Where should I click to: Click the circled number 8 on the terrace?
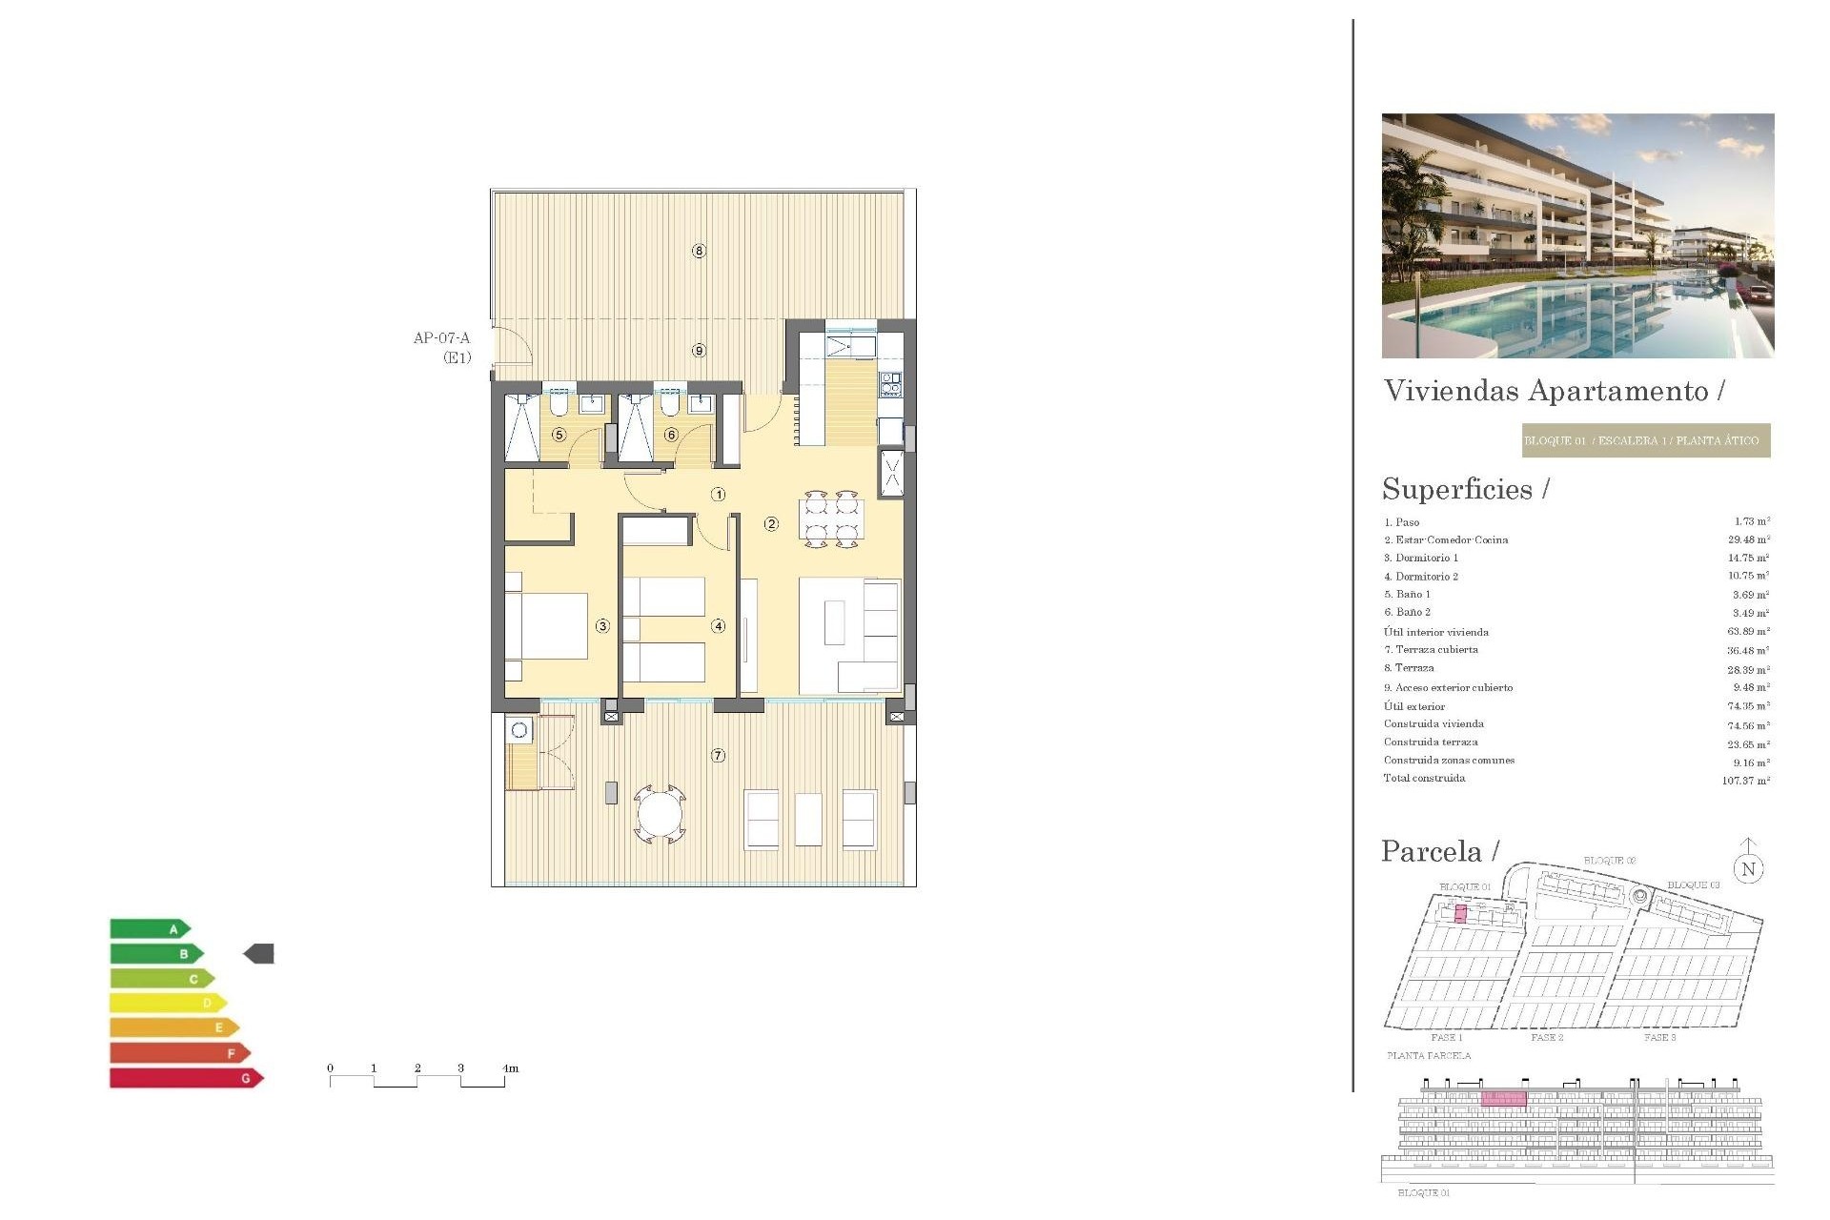click(699, 251)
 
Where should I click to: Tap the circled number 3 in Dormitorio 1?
click(602, 626)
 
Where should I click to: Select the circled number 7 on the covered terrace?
click(719, 756)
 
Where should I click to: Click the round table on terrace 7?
click(660, 815)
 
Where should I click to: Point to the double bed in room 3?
click(548, 626)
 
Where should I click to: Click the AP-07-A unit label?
click(441, 338)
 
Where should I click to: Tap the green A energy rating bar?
click(150, 929)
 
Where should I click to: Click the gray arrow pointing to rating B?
click(259, 953)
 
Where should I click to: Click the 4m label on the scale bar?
click(511, 1068)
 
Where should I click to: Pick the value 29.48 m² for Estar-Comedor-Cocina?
click(1748, 539)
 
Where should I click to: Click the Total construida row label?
click(1424, 779)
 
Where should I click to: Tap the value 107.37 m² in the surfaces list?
click(1745, 781)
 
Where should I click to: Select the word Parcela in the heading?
click(1432, 851)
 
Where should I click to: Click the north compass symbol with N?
click(1748, 867)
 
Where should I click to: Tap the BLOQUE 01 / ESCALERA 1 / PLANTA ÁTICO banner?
click(1645, 440)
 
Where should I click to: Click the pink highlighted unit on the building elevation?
click(1503, 1099)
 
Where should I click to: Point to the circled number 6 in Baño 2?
click(671, 435)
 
